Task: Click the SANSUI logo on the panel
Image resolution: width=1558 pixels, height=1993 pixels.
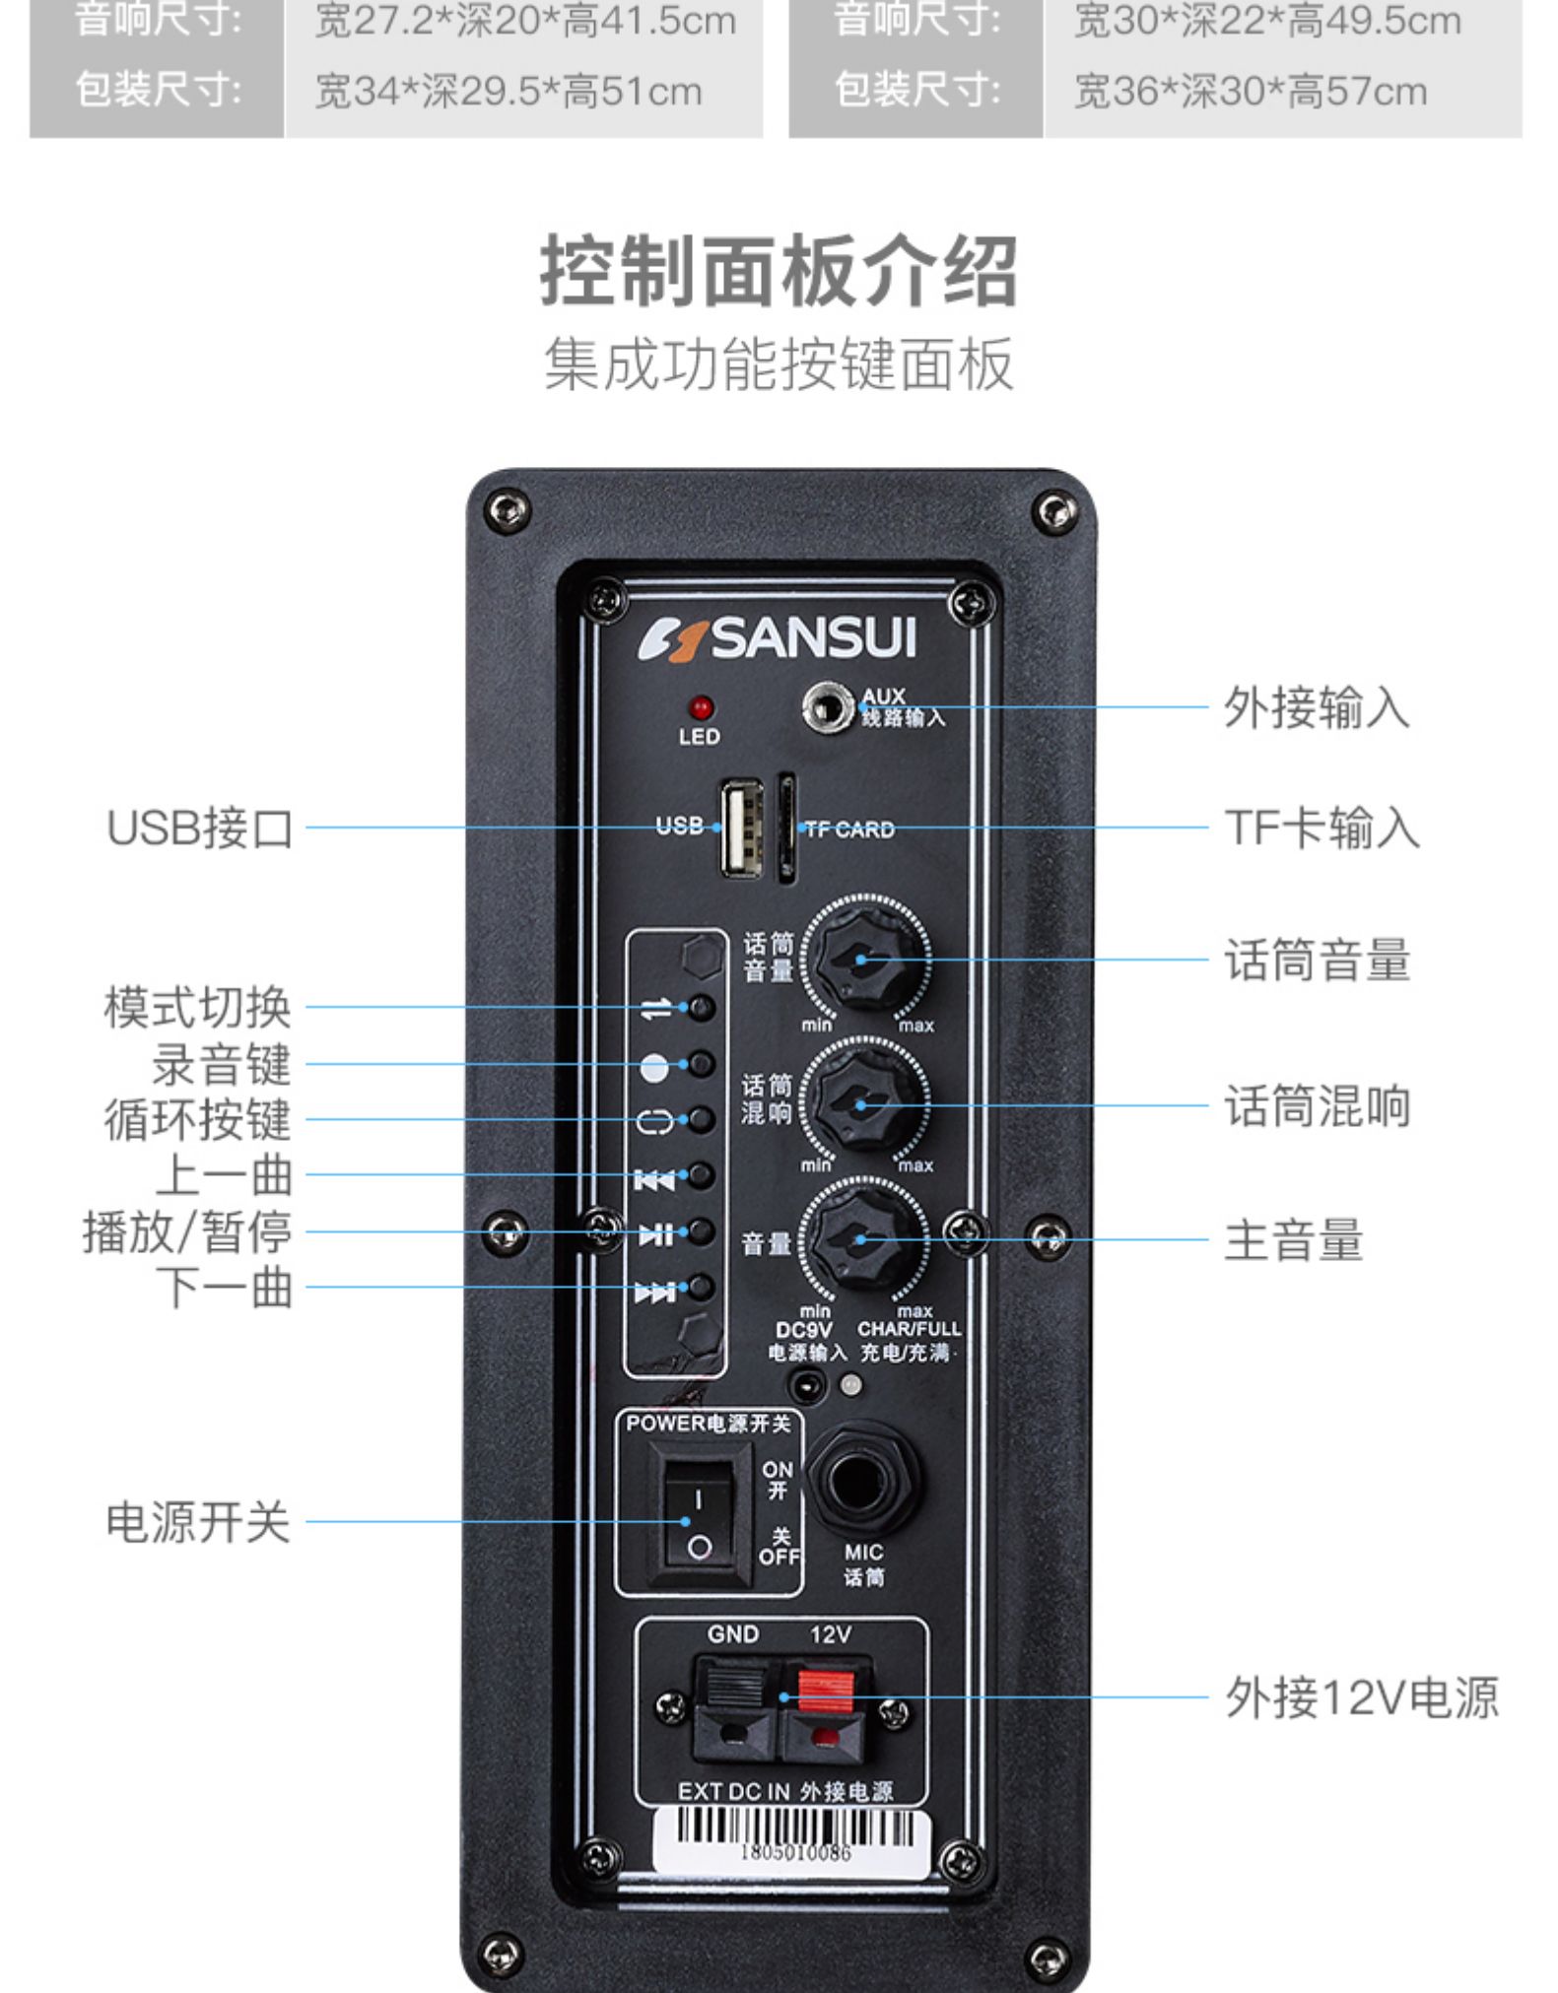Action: pos(778,638)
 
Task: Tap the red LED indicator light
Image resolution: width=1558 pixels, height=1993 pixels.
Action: pos(701,707)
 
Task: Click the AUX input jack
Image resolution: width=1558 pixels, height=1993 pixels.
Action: pos(826,706)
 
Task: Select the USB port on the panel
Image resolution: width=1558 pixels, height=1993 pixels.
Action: pos(741,828)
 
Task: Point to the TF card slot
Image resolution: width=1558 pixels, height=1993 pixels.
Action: pos(786,828)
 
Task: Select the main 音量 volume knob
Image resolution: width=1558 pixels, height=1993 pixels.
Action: pos(861,1240)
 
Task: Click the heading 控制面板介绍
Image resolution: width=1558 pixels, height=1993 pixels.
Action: pos(779,270)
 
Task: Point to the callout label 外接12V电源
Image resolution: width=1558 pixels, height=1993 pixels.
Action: pos(1361,1696)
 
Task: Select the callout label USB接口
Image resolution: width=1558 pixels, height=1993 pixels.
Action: pos(200,828)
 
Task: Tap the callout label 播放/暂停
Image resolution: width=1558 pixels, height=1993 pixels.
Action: pos(187,1231)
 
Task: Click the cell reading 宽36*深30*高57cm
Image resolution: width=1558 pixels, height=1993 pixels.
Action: pos(1250,92)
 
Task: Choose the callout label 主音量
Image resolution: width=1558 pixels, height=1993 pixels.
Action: pos(1293,1240)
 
